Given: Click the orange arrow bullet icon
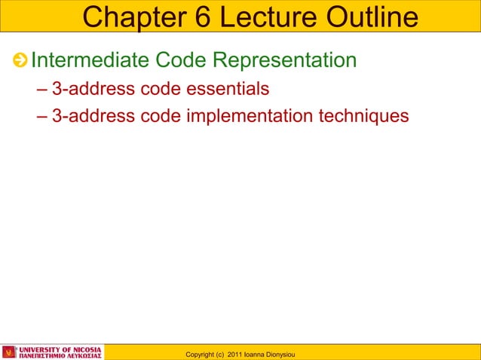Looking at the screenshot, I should click(x=21, y=60).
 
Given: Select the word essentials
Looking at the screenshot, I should click(x=227, y=90).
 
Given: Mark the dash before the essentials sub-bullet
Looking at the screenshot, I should click(x=41, y=90).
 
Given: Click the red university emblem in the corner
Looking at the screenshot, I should click(x=9, y=352).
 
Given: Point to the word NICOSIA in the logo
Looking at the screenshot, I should click(x=84, y=349).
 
